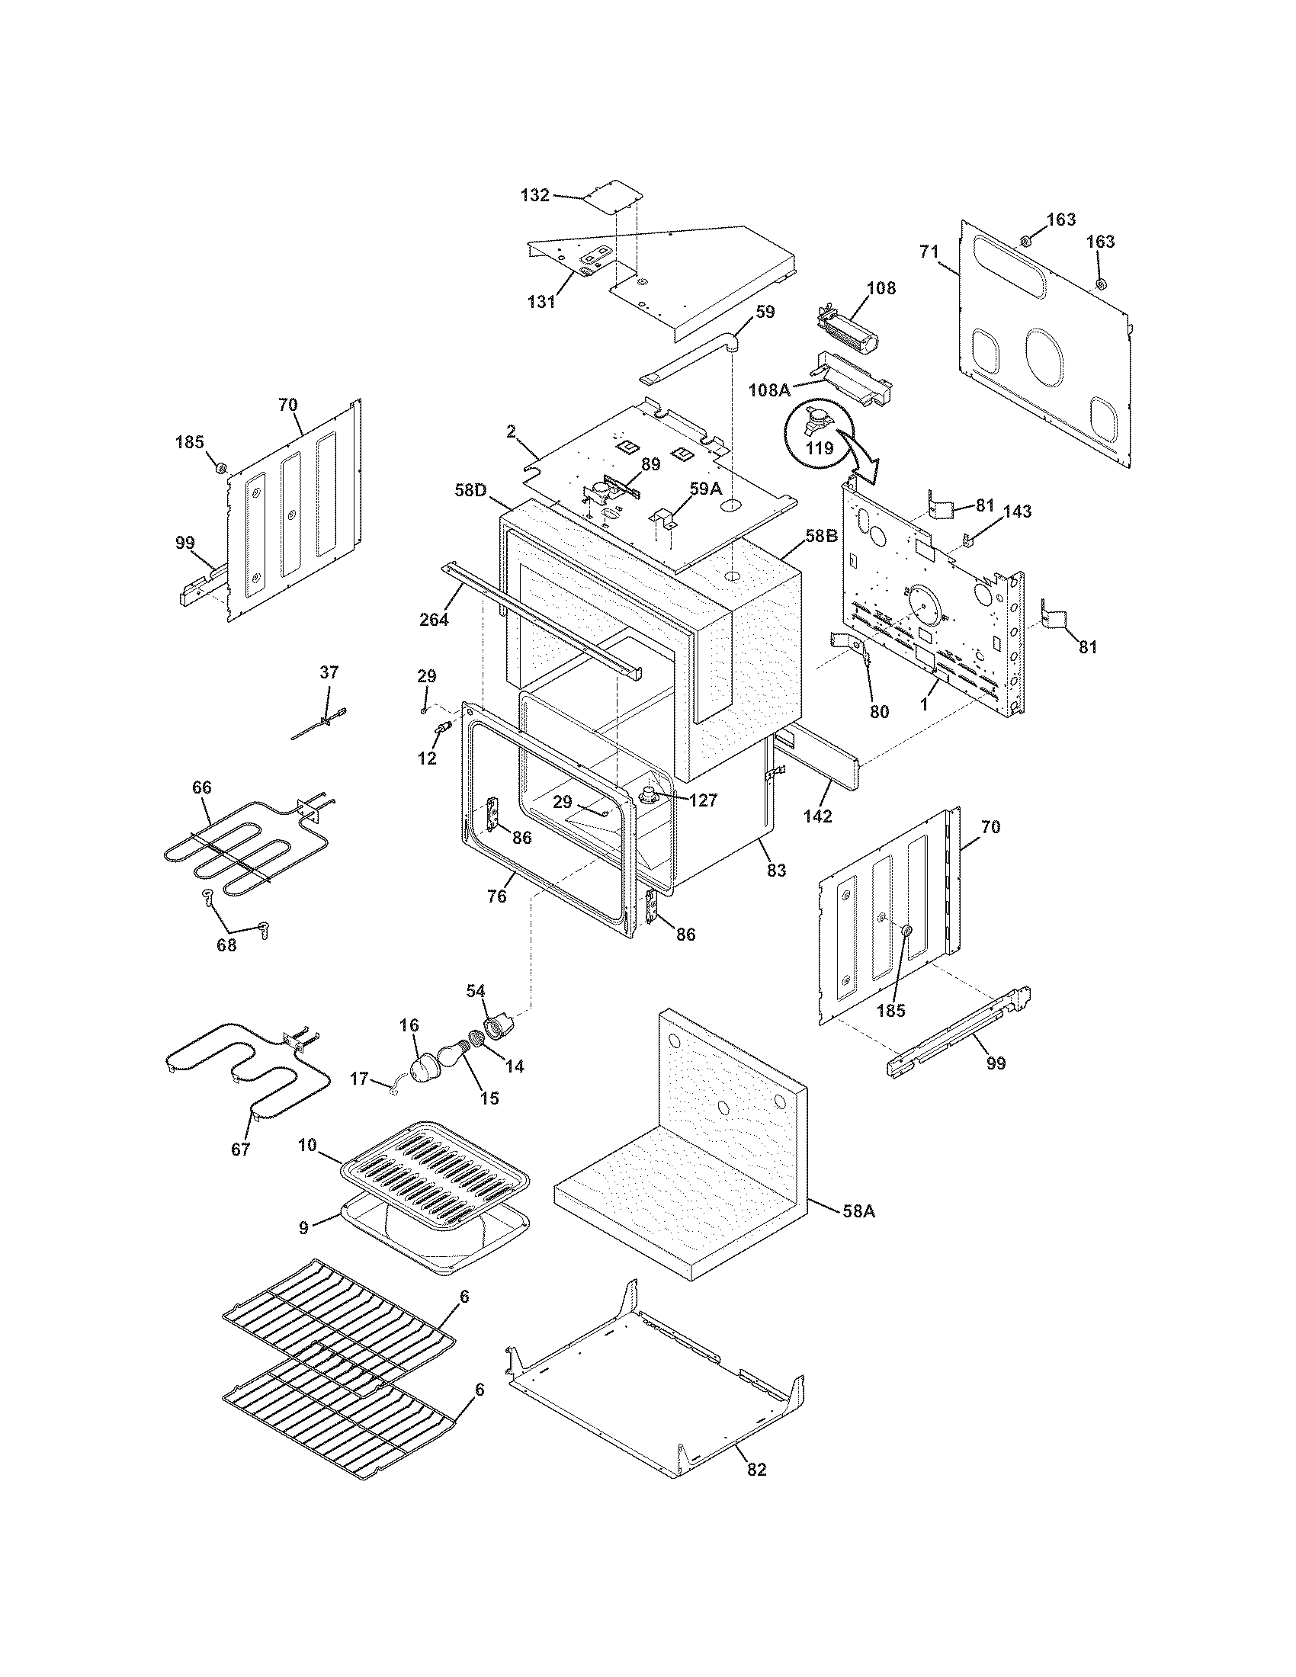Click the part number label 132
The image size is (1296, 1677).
click(534, 195)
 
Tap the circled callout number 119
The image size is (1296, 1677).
click(820, 448)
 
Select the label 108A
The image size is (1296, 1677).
click(769, 390)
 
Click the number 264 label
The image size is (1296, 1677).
click(434, 619)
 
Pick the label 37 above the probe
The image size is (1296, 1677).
click(328, 672)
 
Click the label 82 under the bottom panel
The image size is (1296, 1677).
click(756, 1469)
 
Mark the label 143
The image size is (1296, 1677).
click(1017, 511)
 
